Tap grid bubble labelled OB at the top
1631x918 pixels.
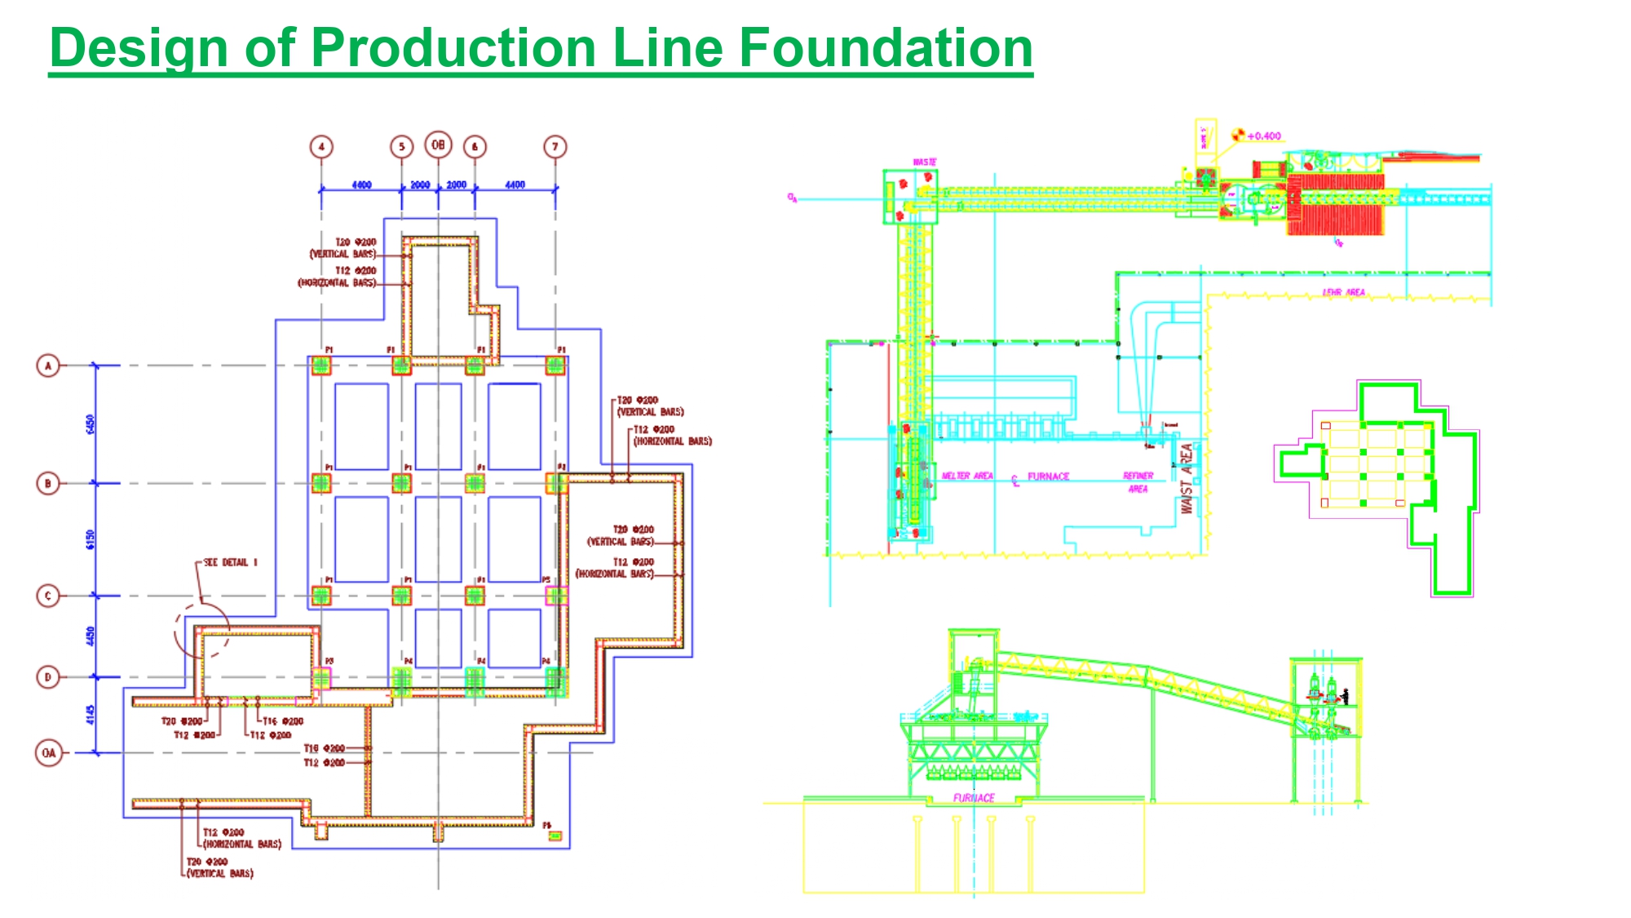coord(438,145)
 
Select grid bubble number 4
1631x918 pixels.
coord(321,147)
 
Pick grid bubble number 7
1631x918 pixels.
coord(555,147)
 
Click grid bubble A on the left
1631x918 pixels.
coord(48,366)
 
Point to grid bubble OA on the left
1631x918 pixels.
coord(48,752)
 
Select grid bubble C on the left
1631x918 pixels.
coord(48,596)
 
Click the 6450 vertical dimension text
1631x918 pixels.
coord(90,424)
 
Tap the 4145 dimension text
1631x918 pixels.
coord(90,715)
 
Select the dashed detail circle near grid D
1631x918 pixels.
coord(202,630)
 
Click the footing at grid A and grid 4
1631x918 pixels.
coord(321,365)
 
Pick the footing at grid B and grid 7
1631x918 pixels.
coord(556,483)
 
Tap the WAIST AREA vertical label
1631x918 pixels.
coord(1187,478)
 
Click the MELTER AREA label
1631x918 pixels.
coord(967,476)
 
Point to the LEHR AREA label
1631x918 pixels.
coord(1343,292)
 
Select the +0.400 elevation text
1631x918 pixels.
coord(1264,136)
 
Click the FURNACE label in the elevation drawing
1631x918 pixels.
coord(974,798)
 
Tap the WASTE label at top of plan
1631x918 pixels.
coord(924,162)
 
